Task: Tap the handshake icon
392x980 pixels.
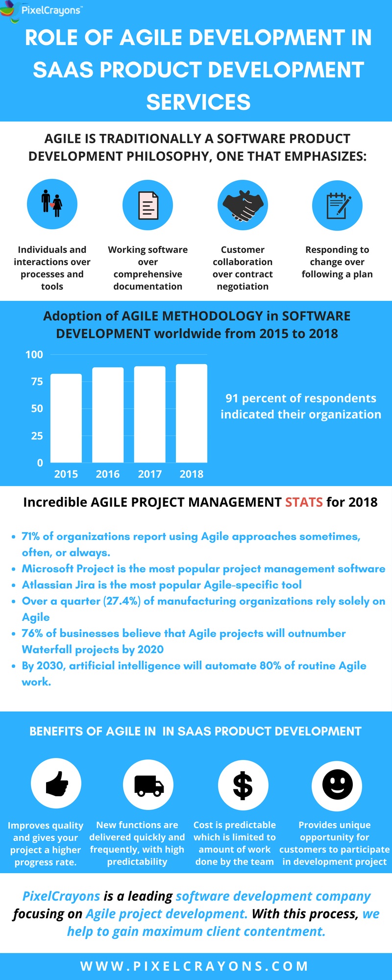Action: pos(243,205)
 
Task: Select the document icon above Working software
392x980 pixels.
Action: pos(147,205)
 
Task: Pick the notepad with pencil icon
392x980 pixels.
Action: pos(337,205)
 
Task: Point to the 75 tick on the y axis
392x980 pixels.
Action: pos(37,381)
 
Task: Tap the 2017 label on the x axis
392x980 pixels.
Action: pos(149,474)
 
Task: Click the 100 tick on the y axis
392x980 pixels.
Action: pos(34,354)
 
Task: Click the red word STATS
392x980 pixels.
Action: pos(304,502)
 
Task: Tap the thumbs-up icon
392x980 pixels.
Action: pos(56,784)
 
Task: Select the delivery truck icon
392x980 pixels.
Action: pos(148,785)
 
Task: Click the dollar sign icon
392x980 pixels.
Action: pos(243,785)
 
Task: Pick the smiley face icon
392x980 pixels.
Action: pos(337,784)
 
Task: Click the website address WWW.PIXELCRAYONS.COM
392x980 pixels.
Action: pos(195,966)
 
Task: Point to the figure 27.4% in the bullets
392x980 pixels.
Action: pos(122,601)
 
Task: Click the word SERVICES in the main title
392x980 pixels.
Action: pos(198,102)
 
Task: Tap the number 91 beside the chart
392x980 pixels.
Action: pos(232,398)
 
